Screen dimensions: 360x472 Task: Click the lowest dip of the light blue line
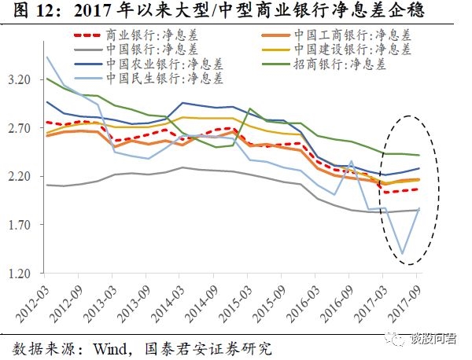coord(402,254)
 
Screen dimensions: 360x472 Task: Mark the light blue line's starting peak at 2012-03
coord(46,57)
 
